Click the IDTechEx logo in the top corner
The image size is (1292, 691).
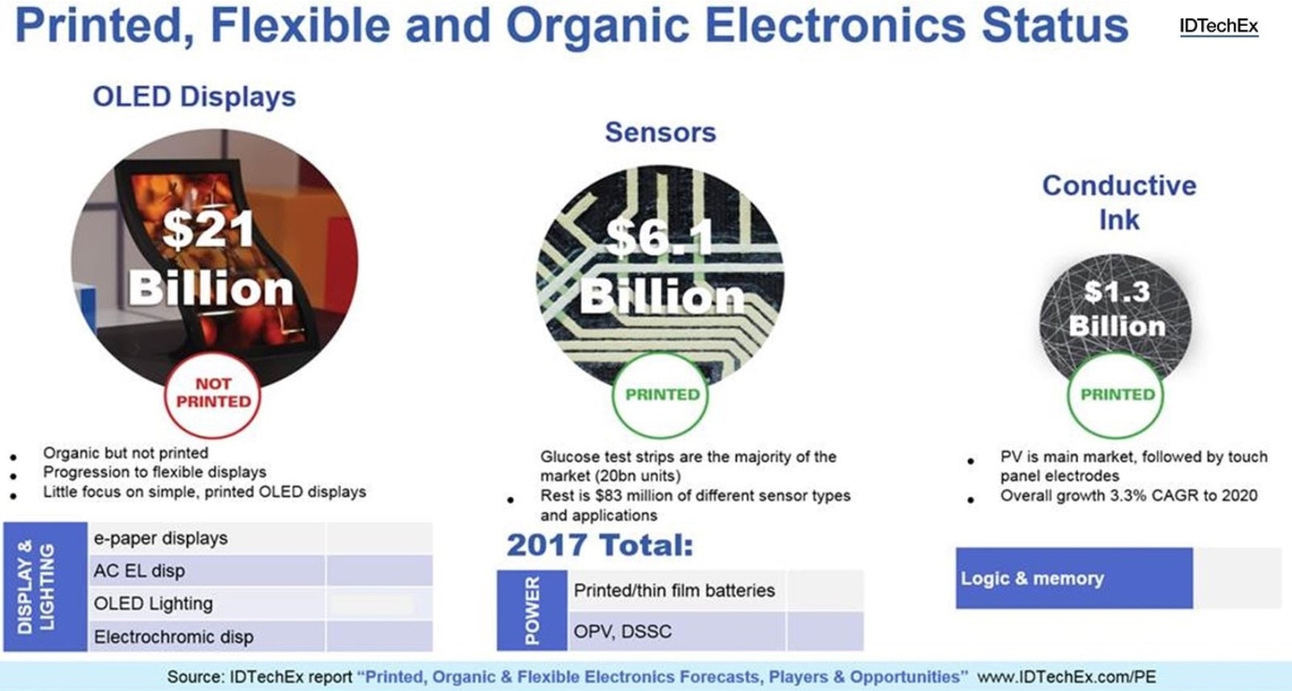tap(1219, 27)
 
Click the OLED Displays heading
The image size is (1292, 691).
tap(194, 97)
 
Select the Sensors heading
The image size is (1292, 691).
tap(660, 132)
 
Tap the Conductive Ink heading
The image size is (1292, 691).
tap(1119, 202)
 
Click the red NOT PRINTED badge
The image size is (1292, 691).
tap(213, 393)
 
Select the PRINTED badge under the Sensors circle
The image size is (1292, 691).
tap(662, 395)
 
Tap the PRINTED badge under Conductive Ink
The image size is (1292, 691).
tap(1117, 395)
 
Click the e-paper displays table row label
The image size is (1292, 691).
tap(160, 538)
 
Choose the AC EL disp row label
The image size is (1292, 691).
tap(139, 570)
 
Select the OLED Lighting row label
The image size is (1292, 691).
tap(153, 603)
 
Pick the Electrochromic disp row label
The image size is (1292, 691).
tap(173, 636)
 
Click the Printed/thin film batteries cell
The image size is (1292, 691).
tap(674, 590)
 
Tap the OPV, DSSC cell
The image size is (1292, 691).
tap(623, 631)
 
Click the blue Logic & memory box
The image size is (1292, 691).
tap(1074, 578)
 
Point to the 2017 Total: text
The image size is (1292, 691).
tap(600, 545)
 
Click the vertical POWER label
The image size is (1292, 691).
tap(532, 610)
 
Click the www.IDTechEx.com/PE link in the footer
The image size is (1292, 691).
tap(1066, 676)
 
